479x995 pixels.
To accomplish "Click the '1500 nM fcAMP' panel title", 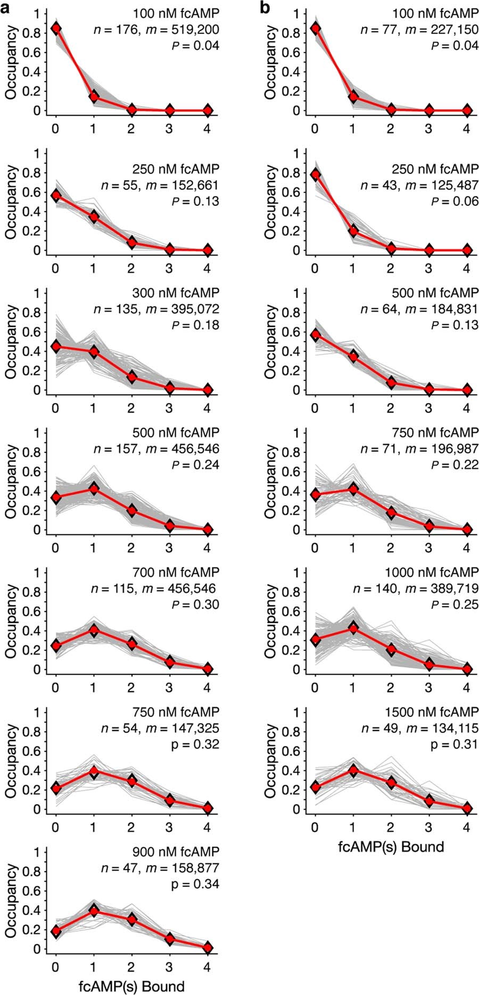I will [x=433, y=712].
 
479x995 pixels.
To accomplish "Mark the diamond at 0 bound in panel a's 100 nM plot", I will [x=55, y=28].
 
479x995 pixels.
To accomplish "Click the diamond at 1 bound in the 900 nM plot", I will [x=94, y=911].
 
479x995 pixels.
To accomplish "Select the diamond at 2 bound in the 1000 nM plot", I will [x=391, y=649].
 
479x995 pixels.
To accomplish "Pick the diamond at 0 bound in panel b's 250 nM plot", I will [x=315, y=175].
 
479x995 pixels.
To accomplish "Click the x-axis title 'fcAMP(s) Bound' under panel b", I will [x=391, y=846].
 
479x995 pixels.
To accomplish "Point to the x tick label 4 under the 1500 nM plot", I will [x=467, y=827].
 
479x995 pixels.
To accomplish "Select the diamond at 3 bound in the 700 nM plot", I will [x=169, y=662].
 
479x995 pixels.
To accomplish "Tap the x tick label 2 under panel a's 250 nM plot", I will [x=131, y=268].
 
